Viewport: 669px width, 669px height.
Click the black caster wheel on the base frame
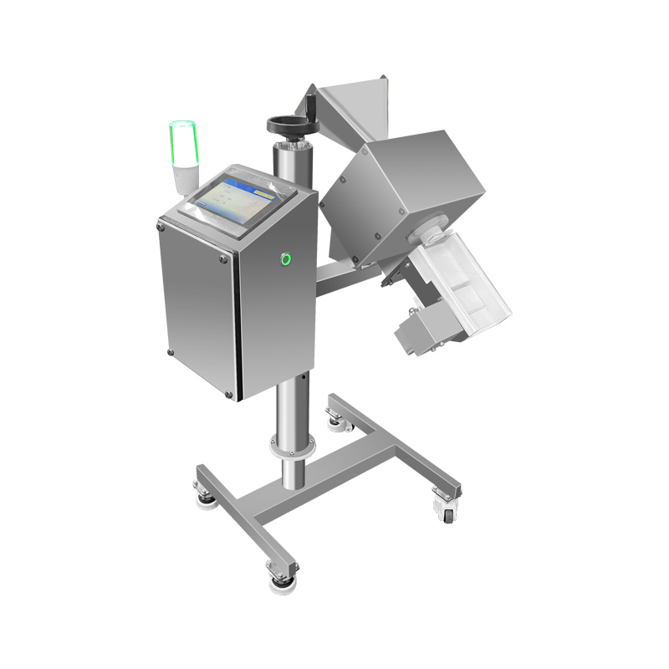pos(447,515)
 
